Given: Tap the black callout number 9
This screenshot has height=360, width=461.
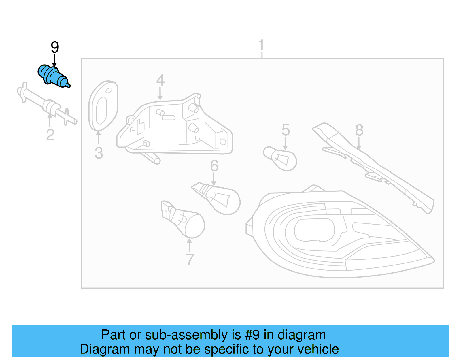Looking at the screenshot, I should coord(55,48).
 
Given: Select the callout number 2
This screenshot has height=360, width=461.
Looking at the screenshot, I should coord(50,135).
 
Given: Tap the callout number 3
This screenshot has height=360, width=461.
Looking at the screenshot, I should coord(99,153).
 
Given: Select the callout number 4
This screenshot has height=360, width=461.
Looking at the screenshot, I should coord(160,80).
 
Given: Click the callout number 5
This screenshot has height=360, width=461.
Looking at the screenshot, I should coord(286,130).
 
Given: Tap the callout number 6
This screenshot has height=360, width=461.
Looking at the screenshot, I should coord(214,166).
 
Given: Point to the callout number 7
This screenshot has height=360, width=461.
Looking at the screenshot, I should coord(190,259).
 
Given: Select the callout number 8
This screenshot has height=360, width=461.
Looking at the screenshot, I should coord(359,130).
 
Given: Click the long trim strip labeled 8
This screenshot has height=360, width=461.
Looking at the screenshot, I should coord(375,167).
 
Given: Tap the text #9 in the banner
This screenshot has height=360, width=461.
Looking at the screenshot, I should coord(252,335).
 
